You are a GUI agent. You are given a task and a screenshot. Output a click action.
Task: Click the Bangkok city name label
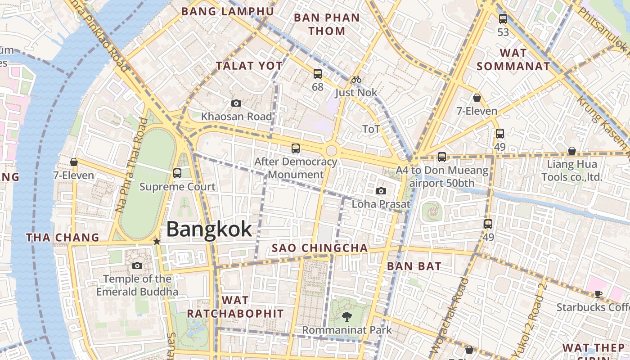pyautogui.click(x=209, y=229)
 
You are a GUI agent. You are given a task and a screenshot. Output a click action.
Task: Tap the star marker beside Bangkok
pyautogui.click(x=157, y=242)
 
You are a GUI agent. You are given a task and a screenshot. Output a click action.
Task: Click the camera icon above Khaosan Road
pyautogui.click(x=236, y=103)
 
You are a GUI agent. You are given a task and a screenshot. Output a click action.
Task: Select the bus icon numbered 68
pyautogui.click(x=318, y=74)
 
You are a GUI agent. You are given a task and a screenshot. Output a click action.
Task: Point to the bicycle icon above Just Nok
pyautogui.click(x=356, y=80)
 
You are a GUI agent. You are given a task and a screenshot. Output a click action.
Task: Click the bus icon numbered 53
pyautogui.click(x=503, y=19)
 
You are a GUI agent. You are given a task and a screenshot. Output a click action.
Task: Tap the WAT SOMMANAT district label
pyautogui.click(x=513, y=59)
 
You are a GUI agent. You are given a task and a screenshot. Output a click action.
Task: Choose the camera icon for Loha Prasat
pyautogui.click(x=381, y=191)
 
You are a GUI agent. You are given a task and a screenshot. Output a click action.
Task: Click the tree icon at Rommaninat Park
pyautogui.click(x=346, y=317)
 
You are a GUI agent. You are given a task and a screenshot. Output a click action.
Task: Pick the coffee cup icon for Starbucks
pyautogui.click(x=598, y=294)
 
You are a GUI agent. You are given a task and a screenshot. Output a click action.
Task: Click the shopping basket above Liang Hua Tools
pyautogui.click(x=571, y=151)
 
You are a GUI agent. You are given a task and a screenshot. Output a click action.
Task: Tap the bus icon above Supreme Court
pyautogui.click(x=177, y=173)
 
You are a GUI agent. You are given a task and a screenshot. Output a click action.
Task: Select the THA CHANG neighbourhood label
pyautogui.click(x=63, y=238)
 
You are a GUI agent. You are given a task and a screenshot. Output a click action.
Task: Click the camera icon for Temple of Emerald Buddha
pyautogui.click(x=137, y=265)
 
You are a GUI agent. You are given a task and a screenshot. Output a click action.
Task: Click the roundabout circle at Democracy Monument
pyautogui.click(x=331, y=150)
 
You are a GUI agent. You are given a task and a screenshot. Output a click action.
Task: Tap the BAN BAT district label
pyautogui.click(x=414, y=266)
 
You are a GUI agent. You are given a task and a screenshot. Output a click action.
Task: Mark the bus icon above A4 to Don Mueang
pyautogui.click(x=442, y=157)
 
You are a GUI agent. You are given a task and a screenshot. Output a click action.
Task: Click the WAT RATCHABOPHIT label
pyautogui.click(x=235, y=307)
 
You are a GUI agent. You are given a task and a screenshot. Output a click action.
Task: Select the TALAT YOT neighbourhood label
pyautogui.click(x=249, y=66)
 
